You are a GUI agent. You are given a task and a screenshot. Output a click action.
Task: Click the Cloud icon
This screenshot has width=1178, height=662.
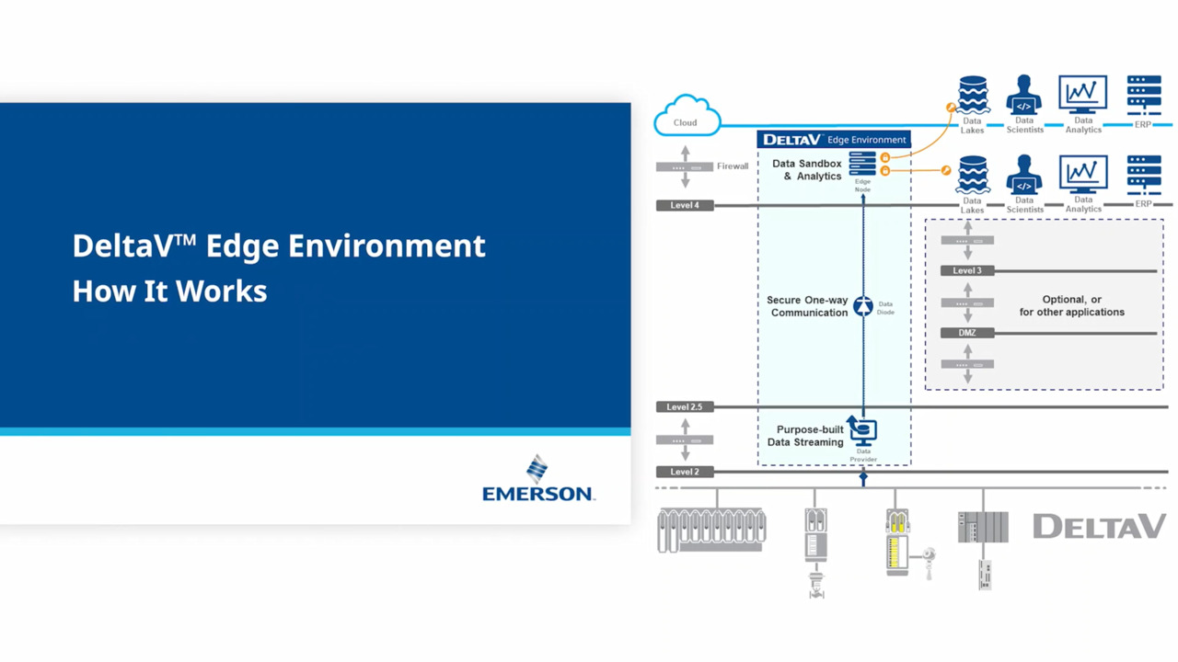(x=687, y=117)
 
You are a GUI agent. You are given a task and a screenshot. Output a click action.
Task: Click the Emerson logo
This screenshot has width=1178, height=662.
(x=538, y=479)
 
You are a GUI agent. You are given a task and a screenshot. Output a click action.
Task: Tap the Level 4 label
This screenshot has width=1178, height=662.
(x=685, y=205)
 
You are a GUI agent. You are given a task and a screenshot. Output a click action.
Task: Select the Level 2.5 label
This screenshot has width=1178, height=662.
(x=685, y=406)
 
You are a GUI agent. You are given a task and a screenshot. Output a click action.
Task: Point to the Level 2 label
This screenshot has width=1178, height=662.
(x=685, y=472)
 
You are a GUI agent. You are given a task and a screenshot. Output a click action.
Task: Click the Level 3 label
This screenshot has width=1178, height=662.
(x=967, y=270)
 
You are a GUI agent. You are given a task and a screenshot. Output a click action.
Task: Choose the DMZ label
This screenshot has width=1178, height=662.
(x=967, y=333)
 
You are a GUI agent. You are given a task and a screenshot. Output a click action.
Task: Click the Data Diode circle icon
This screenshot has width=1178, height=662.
(x=862, y=306)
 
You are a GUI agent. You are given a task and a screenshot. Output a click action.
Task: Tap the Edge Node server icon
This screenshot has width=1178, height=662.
(x=862, y=164)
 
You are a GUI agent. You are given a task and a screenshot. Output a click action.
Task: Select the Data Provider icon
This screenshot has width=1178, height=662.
(x=862, y=430)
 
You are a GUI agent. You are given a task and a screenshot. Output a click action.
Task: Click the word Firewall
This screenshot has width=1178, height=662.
(x=733, y=166)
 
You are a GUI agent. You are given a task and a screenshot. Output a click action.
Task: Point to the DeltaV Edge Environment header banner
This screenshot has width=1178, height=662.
(x=834, y=140)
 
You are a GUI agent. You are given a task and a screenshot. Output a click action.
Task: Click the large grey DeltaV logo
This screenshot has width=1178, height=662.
(x=1099, y=527)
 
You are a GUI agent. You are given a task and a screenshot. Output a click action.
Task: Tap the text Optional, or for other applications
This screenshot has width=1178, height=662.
(x=1071, y=306)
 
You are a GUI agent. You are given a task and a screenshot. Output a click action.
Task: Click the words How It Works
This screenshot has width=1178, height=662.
(x=169, y=291)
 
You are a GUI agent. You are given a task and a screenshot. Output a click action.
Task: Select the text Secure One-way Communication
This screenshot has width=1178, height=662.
(x=807, y=306)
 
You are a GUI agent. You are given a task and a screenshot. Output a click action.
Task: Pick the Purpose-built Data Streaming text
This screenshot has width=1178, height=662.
(x=806, y=436)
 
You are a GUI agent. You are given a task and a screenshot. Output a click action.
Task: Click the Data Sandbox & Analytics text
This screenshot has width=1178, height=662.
(x=807, y=170)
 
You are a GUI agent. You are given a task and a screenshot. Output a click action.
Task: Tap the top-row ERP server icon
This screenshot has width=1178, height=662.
(x=1144, y=95)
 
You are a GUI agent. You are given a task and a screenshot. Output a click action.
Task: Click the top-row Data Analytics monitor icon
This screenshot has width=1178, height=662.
(x=1082, y=95)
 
